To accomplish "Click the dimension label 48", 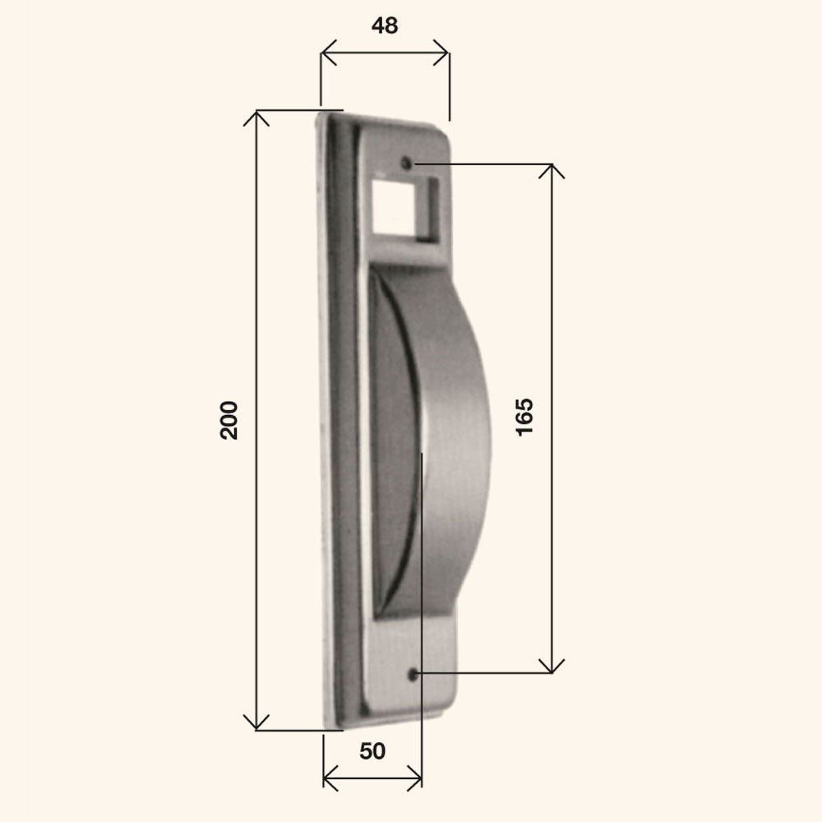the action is [x=385, y=25].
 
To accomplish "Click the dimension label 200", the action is [x=229, y=420].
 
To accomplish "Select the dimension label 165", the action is [x=524, y=417].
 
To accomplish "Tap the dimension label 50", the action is [x=372, y=751].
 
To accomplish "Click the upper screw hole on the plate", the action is [x=406, y=163].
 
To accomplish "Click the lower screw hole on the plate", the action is [x=413, y=675].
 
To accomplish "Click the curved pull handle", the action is [x=450, y=441].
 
